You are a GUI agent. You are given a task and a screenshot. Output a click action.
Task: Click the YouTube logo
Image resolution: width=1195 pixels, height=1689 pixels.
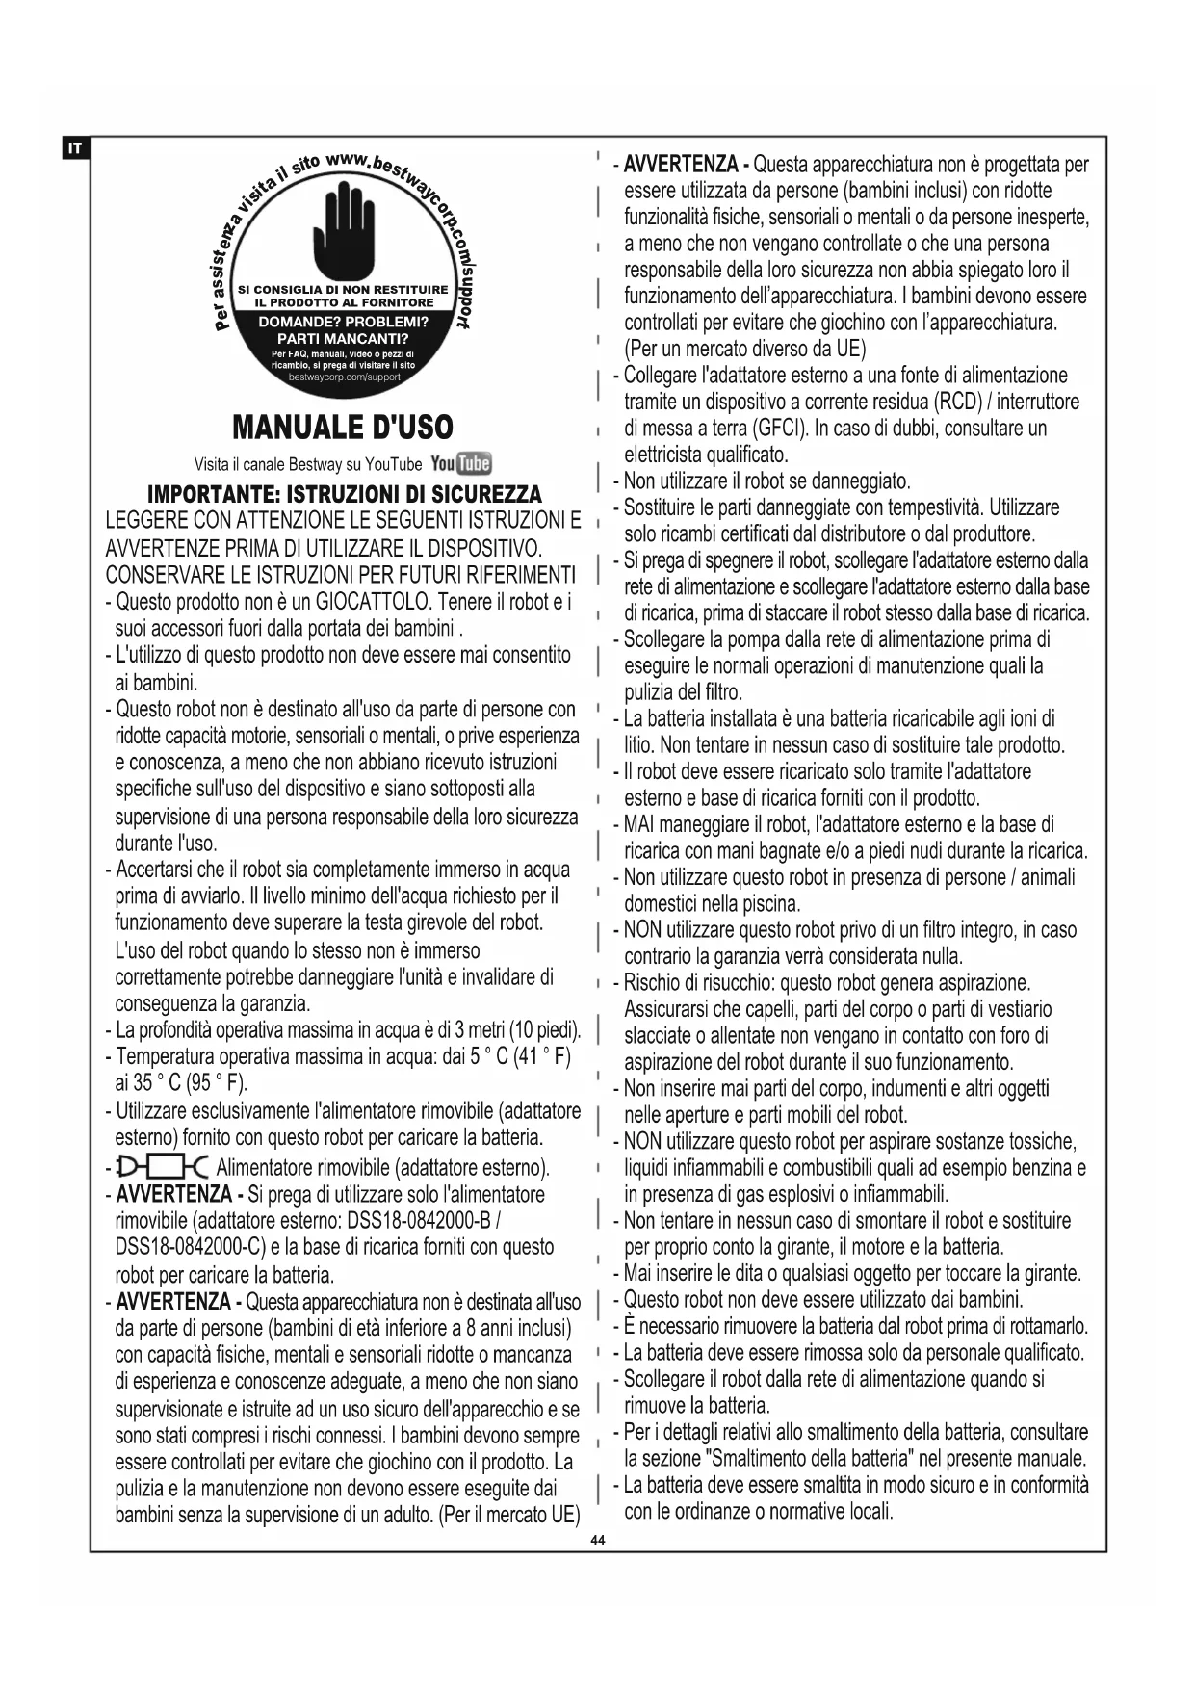(x=461, y=463)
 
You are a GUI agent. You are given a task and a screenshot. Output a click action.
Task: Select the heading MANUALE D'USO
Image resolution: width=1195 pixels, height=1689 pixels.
(x=343, y=427)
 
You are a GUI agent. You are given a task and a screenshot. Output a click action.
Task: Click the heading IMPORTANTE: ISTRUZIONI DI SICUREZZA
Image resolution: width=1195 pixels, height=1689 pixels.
(x=344, y=495)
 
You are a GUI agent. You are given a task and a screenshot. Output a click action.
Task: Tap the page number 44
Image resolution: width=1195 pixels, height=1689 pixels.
(x=597, y=1542)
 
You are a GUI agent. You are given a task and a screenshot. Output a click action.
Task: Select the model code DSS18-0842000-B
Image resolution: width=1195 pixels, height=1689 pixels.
(x=420, y=1221)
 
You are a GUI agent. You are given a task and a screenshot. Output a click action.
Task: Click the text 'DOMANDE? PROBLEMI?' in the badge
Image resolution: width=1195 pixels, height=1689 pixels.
(x=344, y=322)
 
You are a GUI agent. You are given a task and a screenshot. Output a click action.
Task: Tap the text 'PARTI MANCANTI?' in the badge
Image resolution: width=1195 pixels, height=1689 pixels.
(x=343, y=339)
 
